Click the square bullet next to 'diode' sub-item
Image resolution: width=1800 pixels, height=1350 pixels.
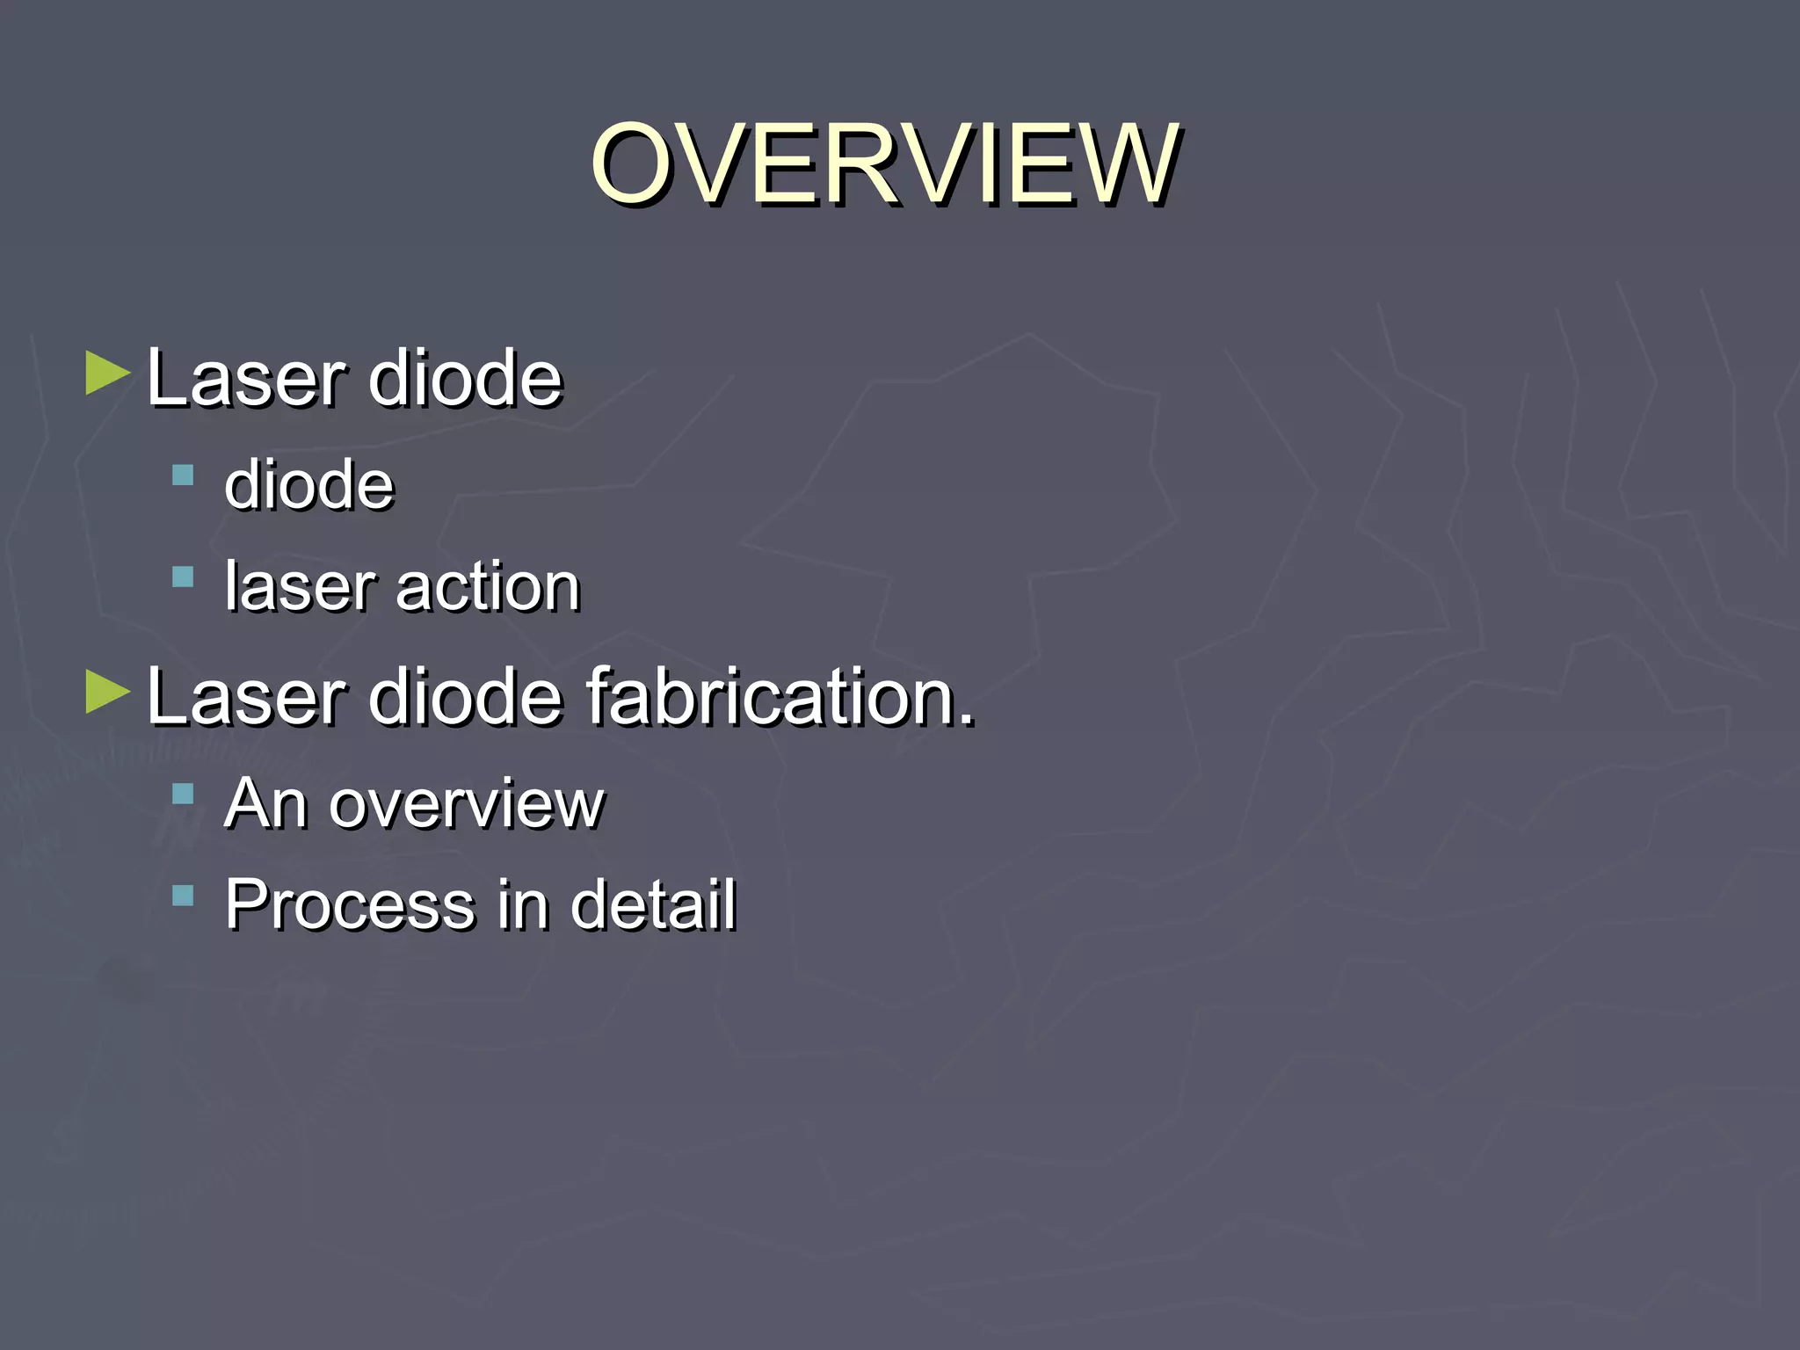pos(183,475)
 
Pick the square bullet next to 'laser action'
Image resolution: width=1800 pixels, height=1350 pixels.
pos(183,577)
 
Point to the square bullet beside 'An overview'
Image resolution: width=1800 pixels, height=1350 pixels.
pos(183,795)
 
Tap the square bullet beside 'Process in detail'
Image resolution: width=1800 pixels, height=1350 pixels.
pos(183,896)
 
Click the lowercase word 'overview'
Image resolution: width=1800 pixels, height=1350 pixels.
pos(467,803)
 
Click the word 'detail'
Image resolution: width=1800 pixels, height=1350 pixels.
pos(653,904)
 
